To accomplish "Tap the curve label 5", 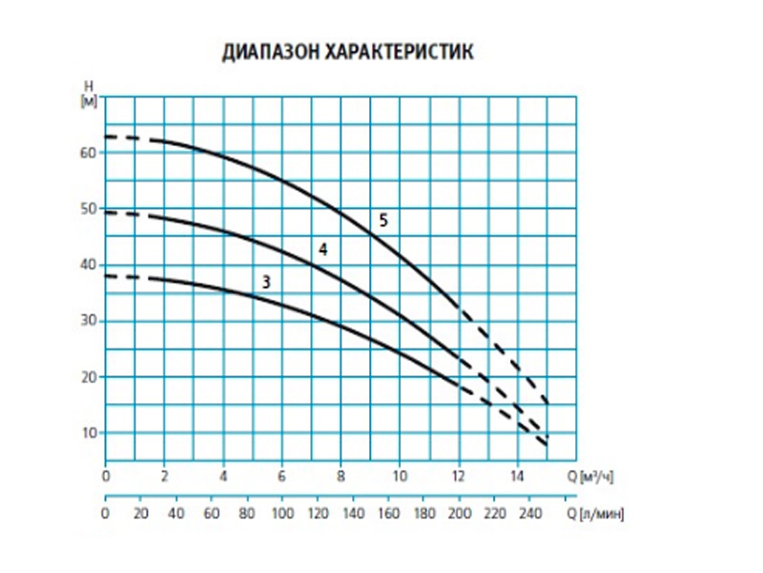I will click(382, 221).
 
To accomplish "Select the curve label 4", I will click(323, 249).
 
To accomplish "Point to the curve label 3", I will click(266, 282).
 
